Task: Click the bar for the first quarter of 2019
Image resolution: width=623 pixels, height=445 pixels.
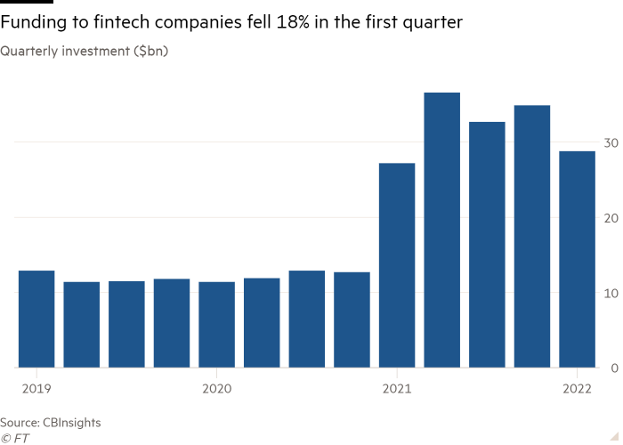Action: (x=36, y=319)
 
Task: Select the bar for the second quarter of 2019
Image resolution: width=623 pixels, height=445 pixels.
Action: (x=81, y=324)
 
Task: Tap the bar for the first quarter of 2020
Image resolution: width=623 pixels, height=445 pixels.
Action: (x=216, y=324)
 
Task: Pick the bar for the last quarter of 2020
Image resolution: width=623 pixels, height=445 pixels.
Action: (x=352, y=320)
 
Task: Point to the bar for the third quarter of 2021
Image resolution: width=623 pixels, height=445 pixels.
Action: (x=487, y=244)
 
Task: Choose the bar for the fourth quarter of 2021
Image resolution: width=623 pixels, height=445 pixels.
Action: (x=532, y=236)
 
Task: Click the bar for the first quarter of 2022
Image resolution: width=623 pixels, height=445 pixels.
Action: (x=577, y=258)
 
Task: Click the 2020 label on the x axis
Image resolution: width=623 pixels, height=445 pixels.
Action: (x=216, y=388)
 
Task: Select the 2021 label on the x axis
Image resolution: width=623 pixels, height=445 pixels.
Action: (x=397, y=388)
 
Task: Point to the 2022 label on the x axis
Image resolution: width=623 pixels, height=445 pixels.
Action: (x=577, y=388)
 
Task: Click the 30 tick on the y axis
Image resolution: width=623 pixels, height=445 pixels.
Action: (x=611, y=142)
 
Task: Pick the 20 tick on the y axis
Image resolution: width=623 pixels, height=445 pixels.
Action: (x=611, y=218)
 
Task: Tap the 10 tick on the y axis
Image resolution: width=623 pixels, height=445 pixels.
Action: (x=611, y=293)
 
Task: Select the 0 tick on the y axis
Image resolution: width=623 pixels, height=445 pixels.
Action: (x=614, y=368)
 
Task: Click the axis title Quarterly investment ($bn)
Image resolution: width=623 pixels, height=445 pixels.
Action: (x=85, y=52)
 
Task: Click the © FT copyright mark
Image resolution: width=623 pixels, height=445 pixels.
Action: (x=15, y=438)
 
